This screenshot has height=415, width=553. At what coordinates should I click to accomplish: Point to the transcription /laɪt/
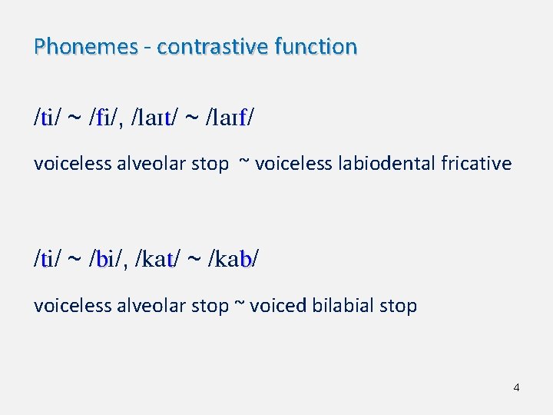click(x=156, y=119)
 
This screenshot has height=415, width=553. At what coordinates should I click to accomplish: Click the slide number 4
click(x=516, y=387)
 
